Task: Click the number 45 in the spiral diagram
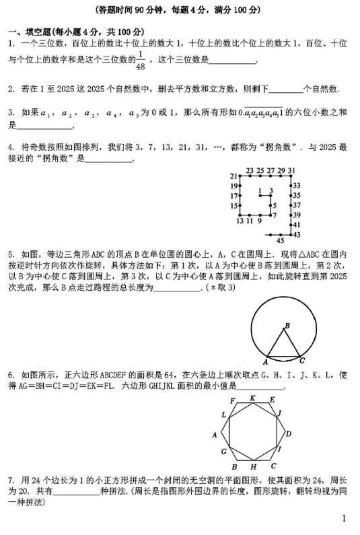(281, 240)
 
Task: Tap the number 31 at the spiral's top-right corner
(291, 170)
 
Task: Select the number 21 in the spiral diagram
(233, 176)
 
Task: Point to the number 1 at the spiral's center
(260, 190)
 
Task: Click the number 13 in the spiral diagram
(240, 221)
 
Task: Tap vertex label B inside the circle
(287, 326)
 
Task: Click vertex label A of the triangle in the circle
(266, 359)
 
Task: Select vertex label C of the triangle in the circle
(302, 359)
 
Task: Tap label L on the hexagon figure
(223, 415)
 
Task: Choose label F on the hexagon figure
(233, 401)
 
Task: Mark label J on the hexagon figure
(279, 413)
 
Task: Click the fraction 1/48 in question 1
(141, 61)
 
